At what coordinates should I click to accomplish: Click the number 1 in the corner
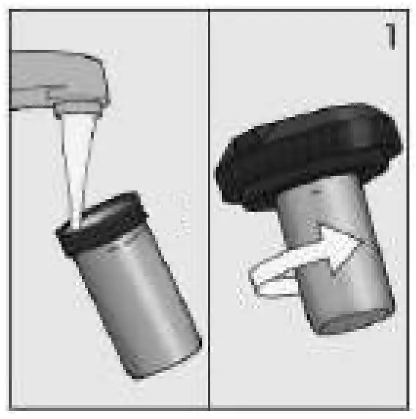(x=391, y=37)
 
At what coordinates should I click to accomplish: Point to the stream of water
(x=78, y=161)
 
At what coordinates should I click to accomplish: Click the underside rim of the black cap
(x=293, y=192)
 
